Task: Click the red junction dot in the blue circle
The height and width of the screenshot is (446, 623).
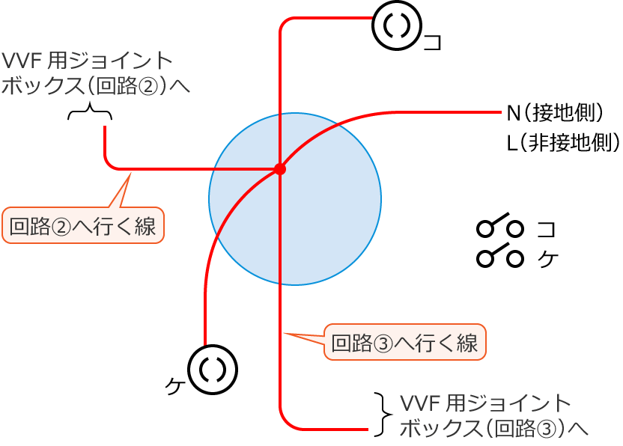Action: click(280, 169)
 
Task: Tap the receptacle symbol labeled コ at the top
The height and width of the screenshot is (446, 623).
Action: click(397, 25)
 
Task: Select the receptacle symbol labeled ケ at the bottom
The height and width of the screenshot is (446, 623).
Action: click(212, 369)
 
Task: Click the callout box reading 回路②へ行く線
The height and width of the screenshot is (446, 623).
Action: click(83, 226)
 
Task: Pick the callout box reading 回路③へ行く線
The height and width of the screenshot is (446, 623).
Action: click(405, 343)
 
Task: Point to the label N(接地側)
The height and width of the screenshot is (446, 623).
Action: click(555, 114)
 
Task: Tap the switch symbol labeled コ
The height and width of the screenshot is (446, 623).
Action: click(499, 226)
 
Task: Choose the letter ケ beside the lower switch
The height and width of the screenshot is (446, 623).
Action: click(547, 259)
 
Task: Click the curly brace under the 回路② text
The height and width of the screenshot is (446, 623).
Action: click(90, 113)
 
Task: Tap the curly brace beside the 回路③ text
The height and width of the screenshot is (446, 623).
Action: click(383, 415)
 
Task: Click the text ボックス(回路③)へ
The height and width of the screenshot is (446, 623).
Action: click(493, 428)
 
